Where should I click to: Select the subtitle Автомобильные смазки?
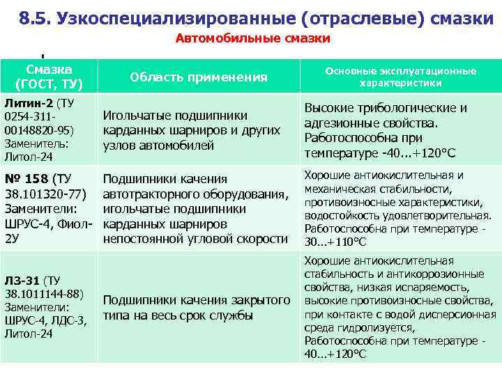252,39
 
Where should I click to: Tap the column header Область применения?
199,77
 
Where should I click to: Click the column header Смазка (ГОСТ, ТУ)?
50,77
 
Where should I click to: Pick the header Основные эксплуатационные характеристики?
400,77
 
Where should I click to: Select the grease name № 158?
26,179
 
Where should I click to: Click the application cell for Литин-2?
191,130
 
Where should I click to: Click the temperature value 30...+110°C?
335,242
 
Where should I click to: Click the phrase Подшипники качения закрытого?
196,301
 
